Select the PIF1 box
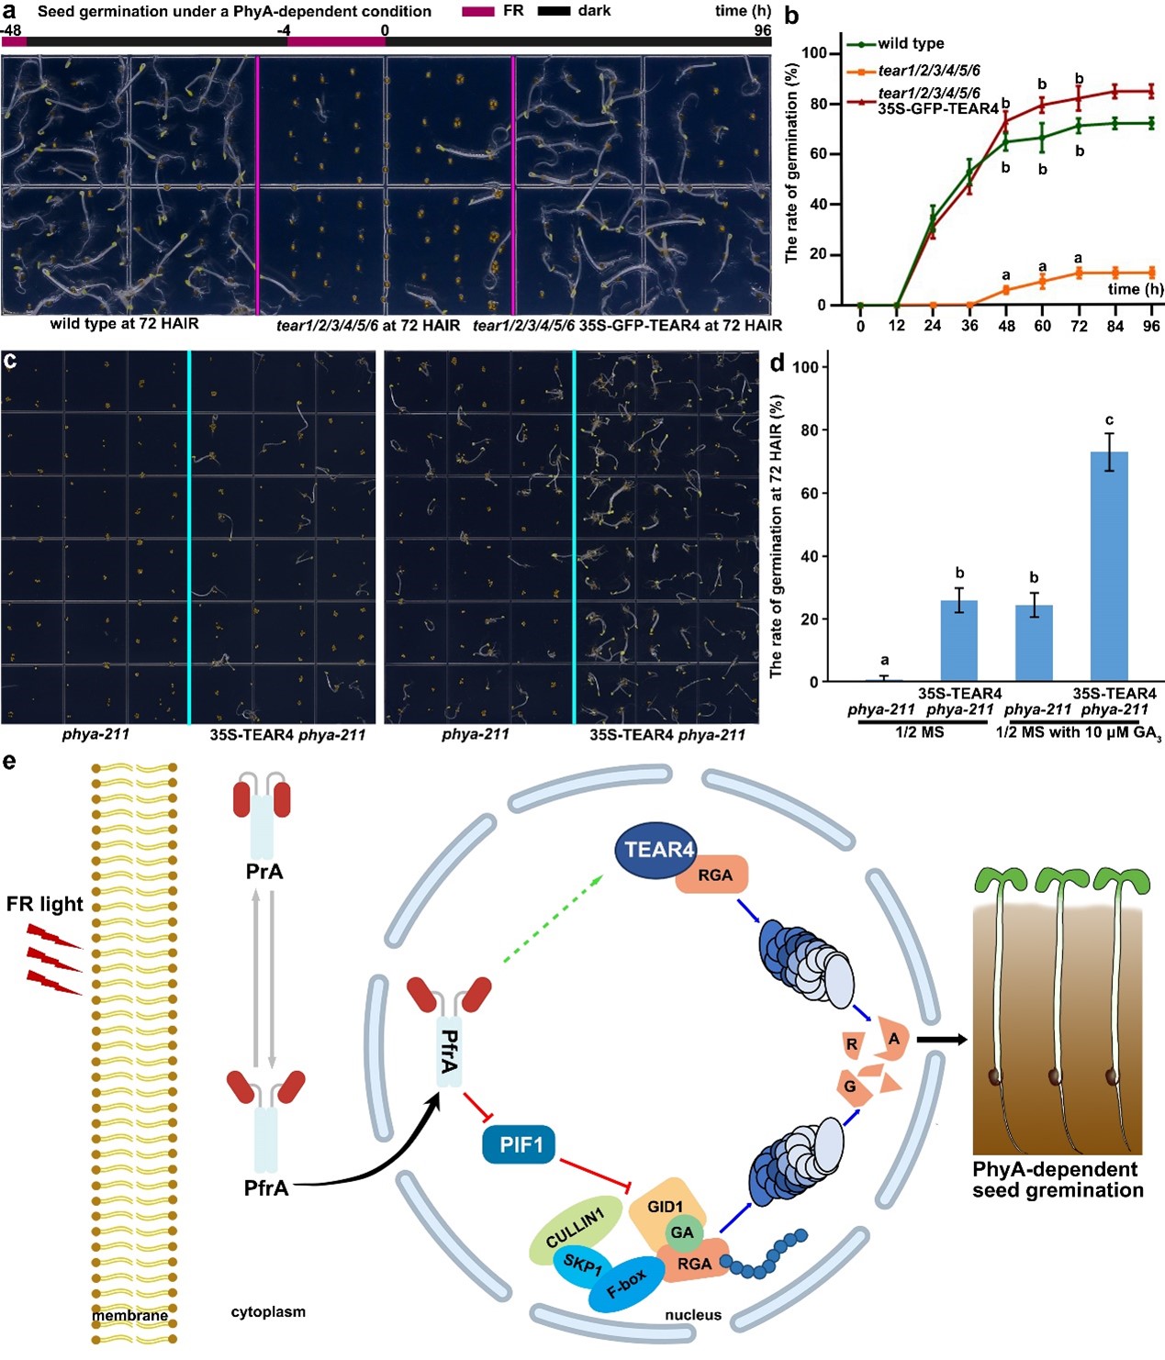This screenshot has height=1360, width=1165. point(521,1145)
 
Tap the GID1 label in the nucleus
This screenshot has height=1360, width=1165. point(665,1206)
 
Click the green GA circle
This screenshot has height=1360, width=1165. point(682,1232)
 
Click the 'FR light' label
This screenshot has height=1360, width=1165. point(44,904)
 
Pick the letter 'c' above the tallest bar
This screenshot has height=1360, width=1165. point(1109,420)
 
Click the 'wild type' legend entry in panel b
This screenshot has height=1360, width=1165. point(910,43)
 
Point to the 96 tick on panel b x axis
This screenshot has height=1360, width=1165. point(1151,326)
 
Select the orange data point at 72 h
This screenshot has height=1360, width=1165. point(1079,273)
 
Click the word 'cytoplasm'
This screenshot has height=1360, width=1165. point(268,1312)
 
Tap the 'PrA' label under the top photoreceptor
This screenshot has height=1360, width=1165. point(264,871)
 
